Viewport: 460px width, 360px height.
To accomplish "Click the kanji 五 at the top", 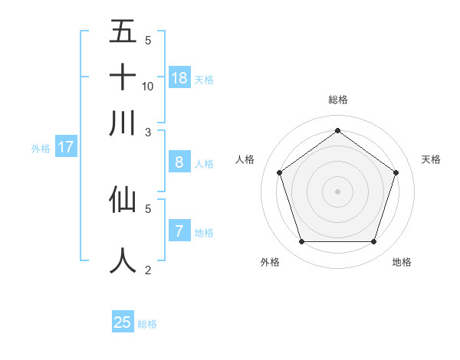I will [x=123, y=32].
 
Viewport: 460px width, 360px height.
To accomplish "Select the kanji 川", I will [x=123, y=123].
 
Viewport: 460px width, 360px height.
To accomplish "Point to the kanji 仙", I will [x=123, y=199].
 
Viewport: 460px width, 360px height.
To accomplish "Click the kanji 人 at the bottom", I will [x=123, y=260].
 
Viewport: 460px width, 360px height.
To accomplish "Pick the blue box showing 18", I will [x=179, y=78].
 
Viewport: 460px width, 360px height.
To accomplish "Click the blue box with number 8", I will [x=179, y=162].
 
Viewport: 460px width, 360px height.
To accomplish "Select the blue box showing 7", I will [x=179, y=231].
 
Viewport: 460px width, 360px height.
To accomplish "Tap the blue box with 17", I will [x=65, y=148].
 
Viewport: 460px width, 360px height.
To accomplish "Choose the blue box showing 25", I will [x=123, y=322].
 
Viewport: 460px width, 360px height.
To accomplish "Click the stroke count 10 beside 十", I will [x=148, y=86].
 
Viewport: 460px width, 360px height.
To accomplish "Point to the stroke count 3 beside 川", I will [x=148, y=132].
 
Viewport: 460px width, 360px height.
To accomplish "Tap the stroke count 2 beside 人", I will [x=148, y=270].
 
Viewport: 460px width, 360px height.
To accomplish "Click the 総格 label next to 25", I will [x=147, y=324].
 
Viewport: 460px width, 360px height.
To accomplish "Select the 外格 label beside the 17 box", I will [x=40, y=149].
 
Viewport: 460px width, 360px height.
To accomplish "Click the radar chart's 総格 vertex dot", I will [x=337, y=131].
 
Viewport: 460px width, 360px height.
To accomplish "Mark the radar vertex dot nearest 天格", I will [x=396, y=172].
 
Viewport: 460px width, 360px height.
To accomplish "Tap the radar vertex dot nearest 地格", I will [x=373, y=242].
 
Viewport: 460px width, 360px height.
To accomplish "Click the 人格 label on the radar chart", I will [x=245, y=159].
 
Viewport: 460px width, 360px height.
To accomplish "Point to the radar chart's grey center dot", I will [x=337, y=191].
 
